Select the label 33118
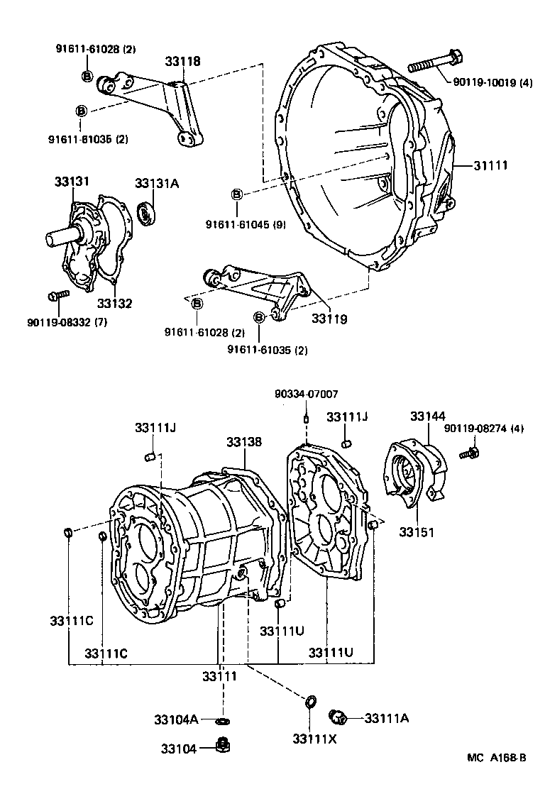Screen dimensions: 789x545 point(183,62)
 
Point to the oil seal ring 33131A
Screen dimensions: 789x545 point(147,213)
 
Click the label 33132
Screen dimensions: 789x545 point(114,303)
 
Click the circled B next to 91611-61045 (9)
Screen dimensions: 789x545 point(237,194)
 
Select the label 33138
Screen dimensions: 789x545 point(244,442)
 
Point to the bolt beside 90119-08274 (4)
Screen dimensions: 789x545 point(469,451)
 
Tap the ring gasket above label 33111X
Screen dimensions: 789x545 point(310,702)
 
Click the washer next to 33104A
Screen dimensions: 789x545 point(223,722)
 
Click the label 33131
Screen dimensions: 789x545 point(72,182)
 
